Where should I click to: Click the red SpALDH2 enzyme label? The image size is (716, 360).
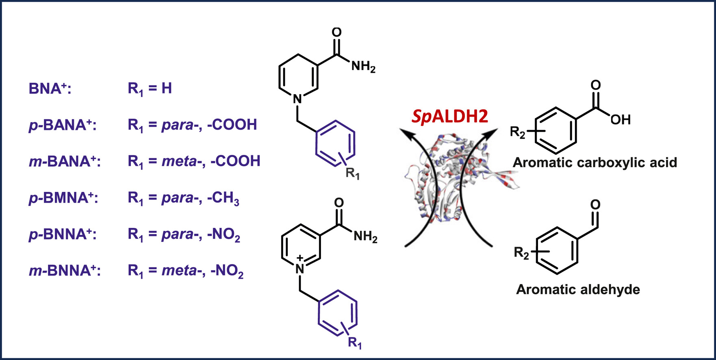tap(449, 117)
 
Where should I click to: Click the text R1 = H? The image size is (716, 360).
tap(150, 89)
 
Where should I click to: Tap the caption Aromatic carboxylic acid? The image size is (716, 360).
tap(594, 163)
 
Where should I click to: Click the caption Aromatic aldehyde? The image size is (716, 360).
tap(578, 290)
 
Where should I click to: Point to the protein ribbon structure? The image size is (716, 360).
tap(455, 179)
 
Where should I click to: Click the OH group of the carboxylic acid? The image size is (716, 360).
tap(620, 119)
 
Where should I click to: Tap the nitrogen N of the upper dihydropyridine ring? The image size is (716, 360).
tap(297, 99)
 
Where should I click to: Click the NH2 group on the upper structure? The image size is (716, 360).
tap(363, 66)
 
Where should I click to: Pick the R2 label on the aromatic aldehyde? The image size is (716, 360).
tap(521, 253)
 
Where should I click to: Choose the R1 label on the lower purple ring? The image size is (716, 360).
tap(355, 343)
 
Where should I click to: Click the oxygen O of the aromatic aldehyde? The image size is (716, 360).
tap(595, 204)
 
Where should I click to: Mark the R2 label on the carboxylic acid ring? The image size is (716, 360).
tap(518, 132)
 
